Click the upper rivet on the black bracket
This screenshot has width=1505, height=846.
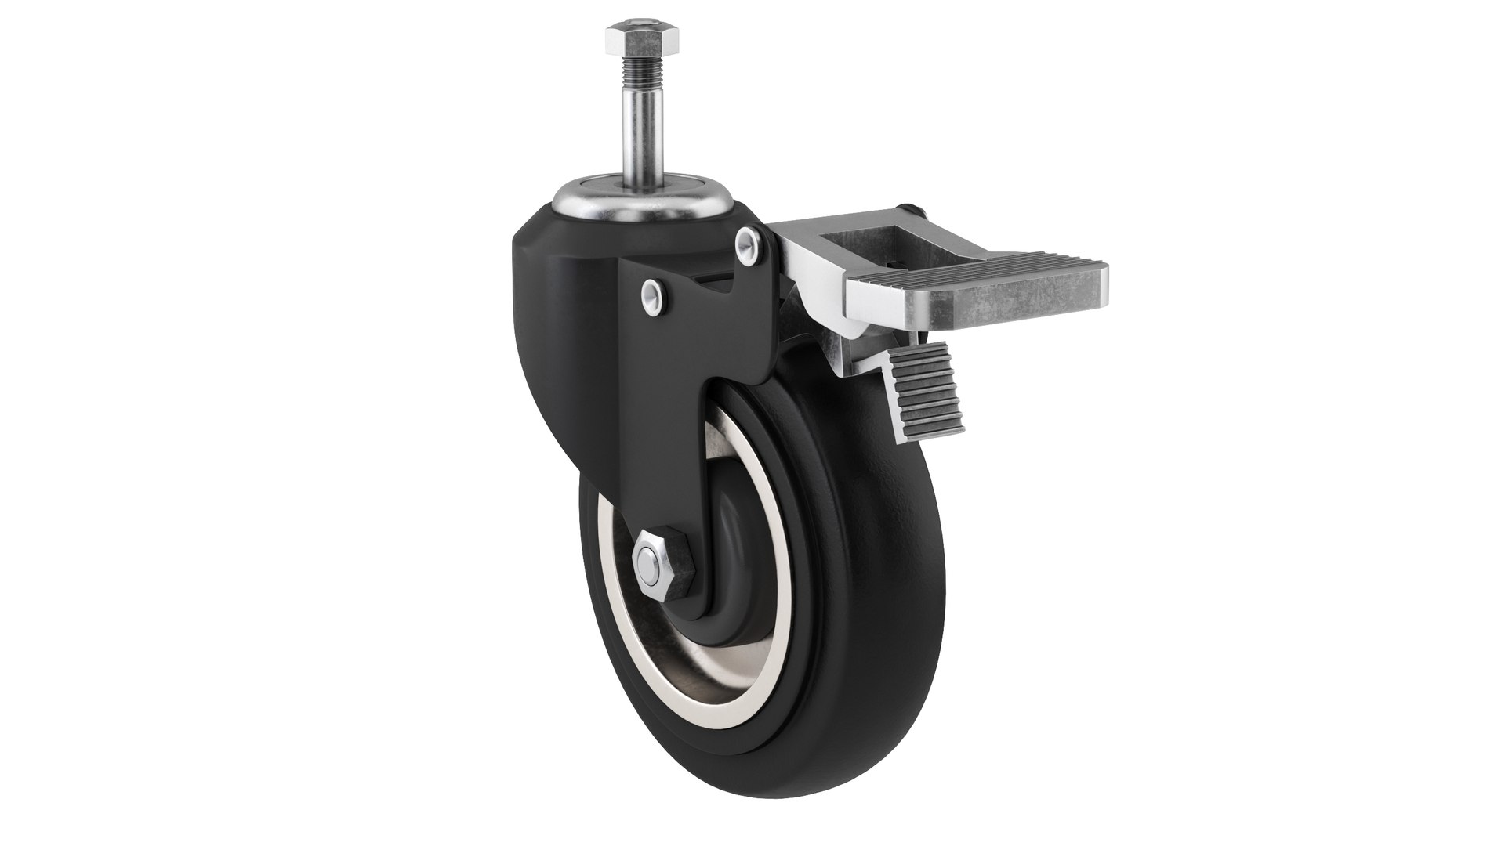(748, 242)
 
